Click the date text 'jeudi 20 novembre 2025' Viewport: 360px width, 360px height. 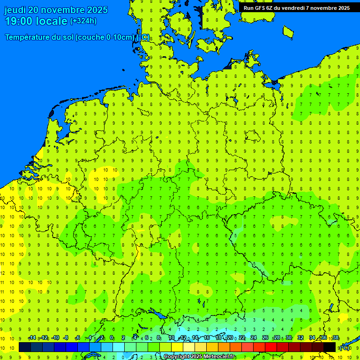[x=56, y=10]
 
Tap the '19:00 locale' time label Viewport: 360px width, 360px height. [x=36, y=21]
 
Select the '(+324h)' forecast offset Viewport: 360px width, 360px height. [x=83, y=21]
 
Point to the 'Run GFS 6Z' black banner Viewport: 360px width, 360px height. [x=296, y=7]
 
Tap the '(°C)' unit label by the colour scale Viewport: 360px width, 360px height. [x=345, y=347]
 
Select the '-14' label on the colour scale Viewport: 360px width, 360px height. [x=32, y=338]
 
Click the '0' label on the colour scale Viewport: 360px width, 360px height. [x=112, y=338]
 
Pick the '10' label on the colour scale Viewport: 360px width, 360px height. [x=171, y=338]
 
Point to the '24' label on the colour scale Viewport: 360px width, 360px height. [x=254, y=338]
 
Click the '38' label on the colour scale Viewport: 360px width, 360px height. [x=336, y=338]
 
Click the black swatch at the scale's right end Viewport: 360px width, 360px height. [x=330, y=347]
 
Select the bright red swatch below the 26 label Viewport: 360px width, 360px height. [x=271, y=347]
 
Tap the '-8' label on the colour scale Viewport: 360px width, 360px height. [x=66, y=338]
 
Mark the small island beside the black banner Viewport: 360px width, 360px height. [x=288, y=31]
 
